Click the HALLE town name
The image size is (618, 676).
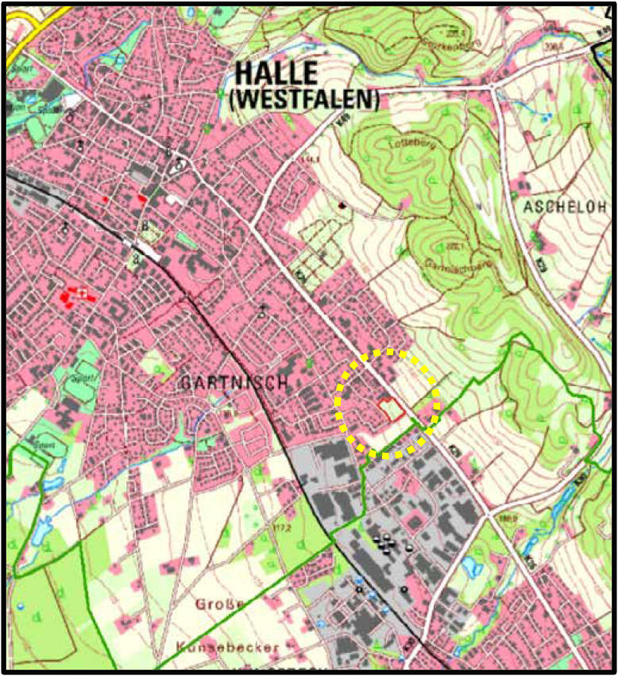[276, 73]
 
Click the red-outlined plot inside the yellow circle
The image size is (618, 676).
[388, 409]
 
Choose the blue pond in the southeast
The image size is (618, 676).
[471, 566]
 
